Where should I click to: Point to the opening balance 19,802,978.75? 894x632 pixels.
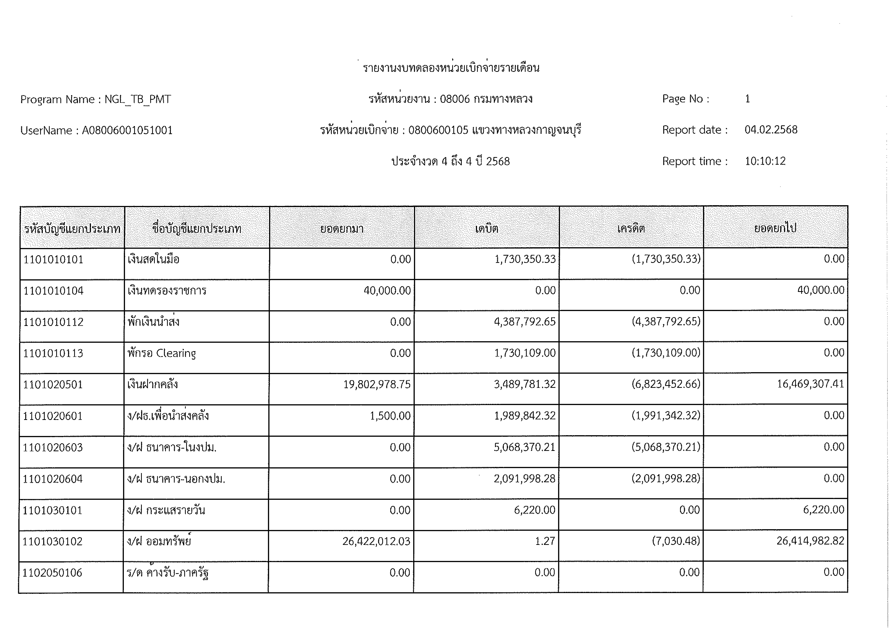point(376,385)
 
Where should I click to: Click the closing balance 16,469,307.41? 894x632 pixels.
point(810,384)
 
